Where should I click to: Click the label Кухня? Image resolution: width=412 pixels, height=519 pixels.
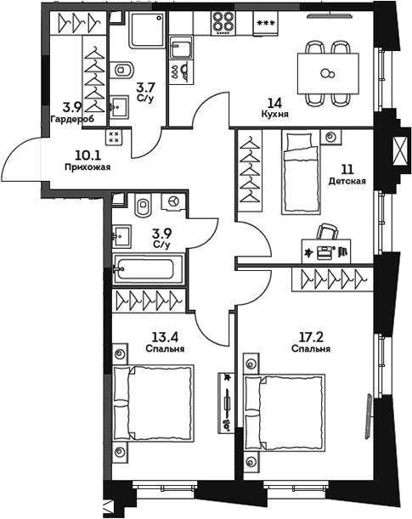coord(274,112)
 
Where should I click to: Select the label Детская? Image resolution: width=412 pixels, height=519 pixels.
coord(347,181)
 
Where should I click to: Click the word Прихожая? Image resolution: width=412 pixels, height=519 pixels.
coord(87,167)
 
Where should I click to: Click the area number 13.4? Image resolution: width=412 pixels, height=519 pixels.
coord(141,336)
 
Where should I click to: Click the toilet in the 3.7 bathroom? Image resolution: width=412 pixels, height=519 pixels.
coord(122,70)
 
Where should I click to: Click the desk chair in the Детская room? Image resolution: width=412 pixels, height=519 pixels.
coord(327,233)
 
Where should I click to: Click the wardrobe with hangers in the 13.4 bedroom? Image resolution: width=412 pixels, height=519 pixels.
coord(148,300)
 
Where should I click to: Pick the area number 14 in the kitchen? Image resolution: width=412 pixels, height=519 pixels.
coord(274,99)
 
